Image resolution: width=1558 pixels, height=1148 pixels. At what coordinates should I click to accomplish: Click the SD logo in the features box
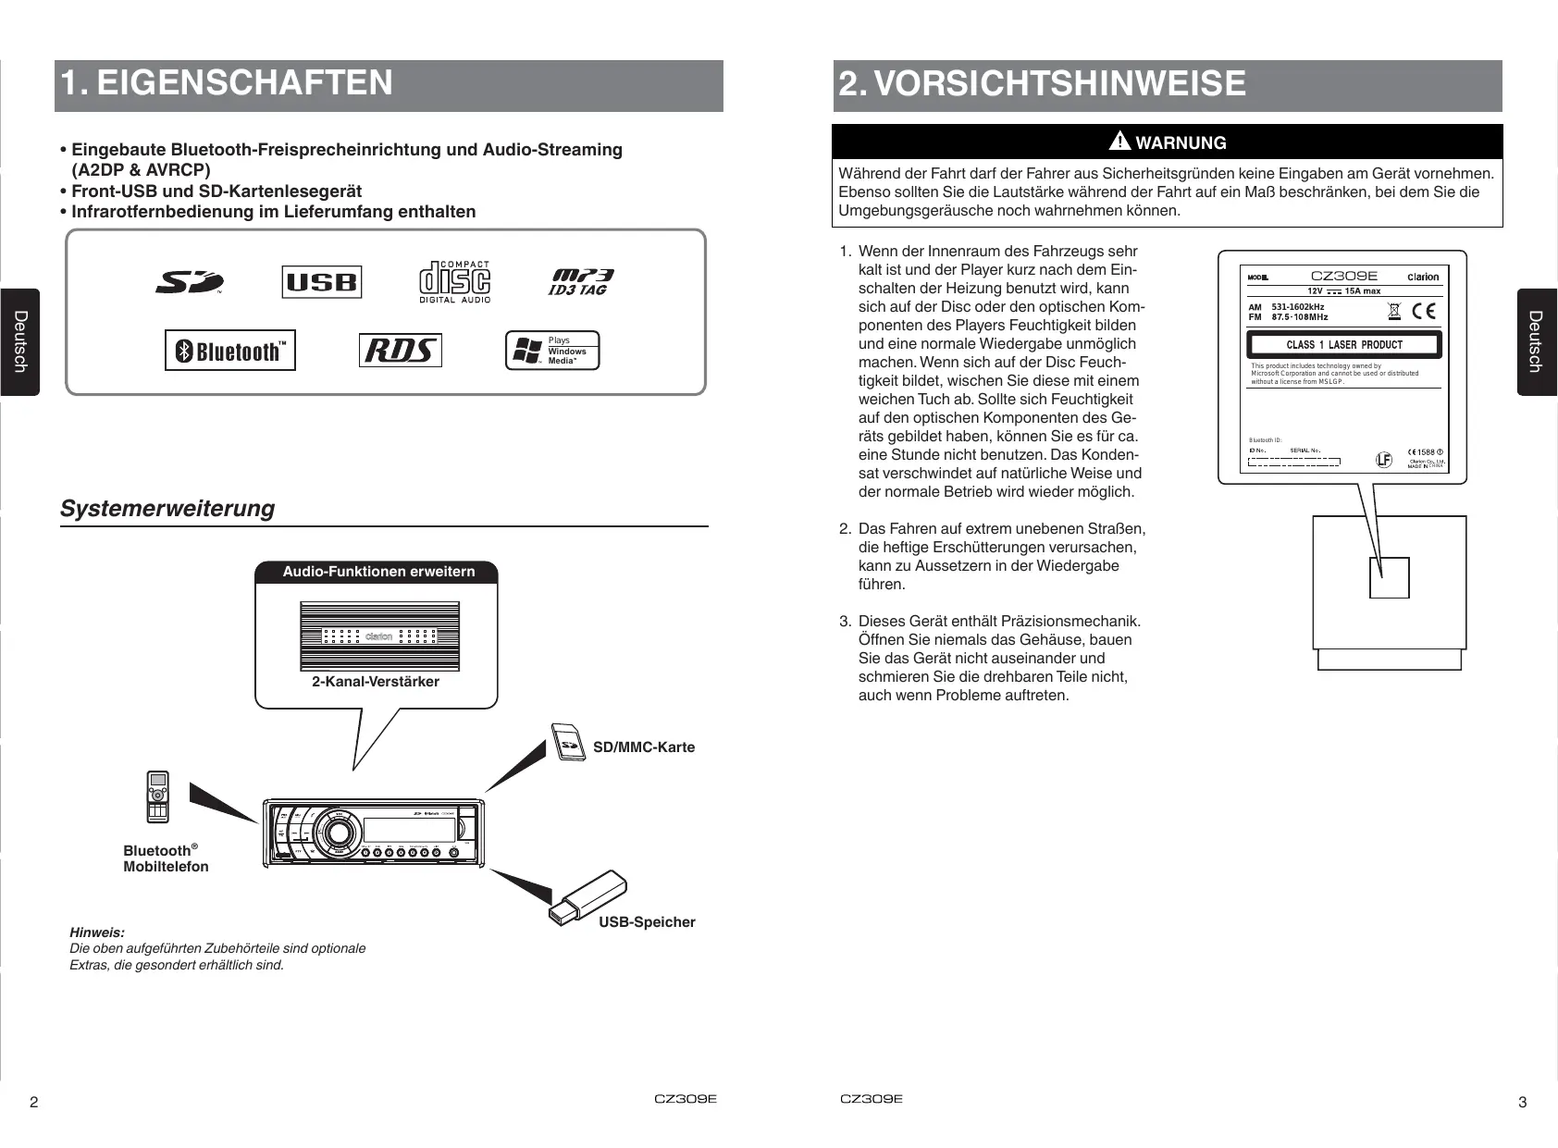coord(189,281)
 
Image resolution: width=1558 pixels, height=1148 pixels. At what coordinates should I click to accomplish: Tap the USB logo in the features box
coord(321,282)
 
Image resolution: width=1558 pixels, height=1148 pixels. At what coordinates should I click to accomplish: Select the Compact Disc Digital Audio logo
coord(454,281)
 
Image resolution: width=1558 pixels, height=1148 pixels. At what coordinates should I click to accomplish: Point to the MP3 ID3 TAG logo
coord(581,281)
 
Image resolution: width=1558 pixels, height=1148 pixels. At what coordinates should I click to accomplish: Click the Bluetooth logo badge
coord(230,351)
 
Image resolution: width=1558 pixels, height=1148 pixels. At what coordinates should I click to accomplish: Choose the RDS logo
coord(400,351)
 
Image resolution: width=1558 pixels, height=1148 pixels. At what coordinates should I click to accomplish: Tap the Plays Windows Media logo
coord(552,351)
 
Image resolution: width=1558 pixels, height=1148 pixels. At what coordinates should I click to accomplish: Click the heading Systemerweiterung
coord(167,509)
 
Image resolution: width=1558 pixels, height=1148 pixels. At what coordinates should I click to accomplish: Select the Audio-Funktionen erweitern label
coord(378,572)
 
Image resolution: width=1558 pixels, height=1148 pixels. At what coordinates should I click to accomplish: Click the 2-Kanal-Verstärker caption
coord(376,682)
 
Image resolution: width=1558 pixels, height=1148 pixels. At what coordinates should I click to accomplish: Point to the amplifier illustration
coord(379,636)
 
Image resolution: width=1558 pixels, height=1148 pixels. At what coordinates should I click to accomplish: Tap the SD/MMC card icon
coord(568,742)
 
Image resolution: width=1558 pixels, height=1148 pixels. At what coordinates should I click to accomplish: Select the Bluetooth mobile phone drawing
coord(158,796)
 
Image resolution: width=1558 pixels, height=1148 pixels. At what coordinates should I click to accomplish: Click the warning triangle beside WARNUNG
coord(1119,142)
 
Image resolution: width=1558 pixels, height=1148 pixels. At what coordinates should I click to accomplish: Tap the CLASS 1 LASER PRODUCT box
coord(1343,345)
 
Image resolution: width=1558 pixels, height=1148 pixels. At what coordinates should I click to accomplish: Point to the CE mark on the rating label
coord(1425,311)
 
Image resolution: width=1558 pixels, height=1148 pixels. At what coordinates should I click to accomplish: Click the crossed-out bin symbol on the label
coord(1394,311)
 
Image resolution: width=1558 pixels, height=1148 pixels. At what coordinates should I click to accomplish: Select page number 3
coord(1523,1102)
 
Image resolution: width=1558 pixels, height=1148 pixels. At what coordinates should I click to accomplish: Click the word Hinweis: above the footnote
coord(97,932)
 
